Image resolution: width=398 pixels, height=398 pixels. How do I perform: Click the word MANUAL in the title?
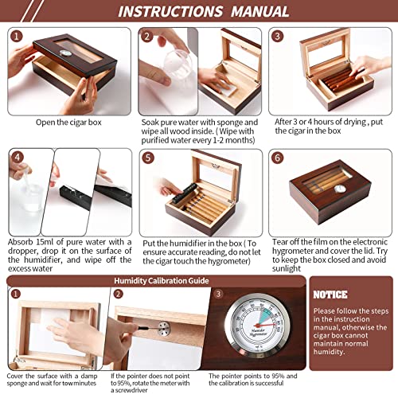[x=256, y=12]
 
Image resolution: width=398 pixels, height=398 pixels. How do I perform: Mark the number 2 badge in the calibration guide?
[x=117, y=294]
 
